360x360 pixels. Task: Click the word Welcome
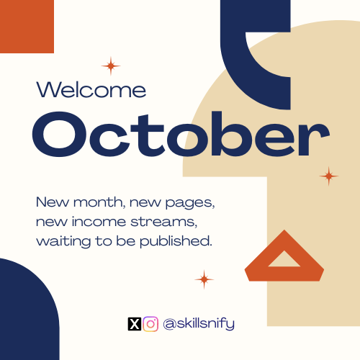91,89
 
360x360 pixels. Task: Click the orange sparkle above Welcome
111,66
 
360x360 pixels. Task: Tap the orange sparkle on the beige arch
329,176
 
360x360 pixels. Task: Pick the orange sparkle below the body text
204,279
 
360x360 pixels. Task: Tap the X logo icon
134,324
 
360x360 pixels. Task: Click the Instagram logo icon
150,324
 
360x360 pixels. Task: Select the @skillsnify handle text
199,324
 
